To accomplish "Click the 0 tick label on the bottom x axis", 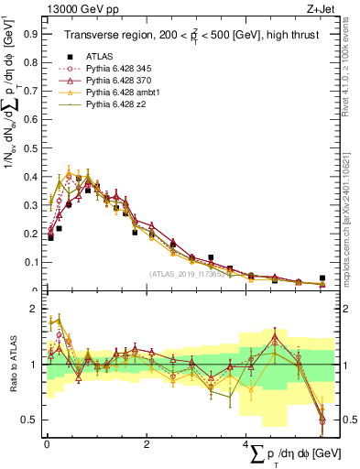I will [47, 444].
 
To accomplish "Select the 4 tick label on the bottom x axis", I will [246, 444].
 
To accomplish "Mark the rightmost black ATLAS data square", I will [322, 278].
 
